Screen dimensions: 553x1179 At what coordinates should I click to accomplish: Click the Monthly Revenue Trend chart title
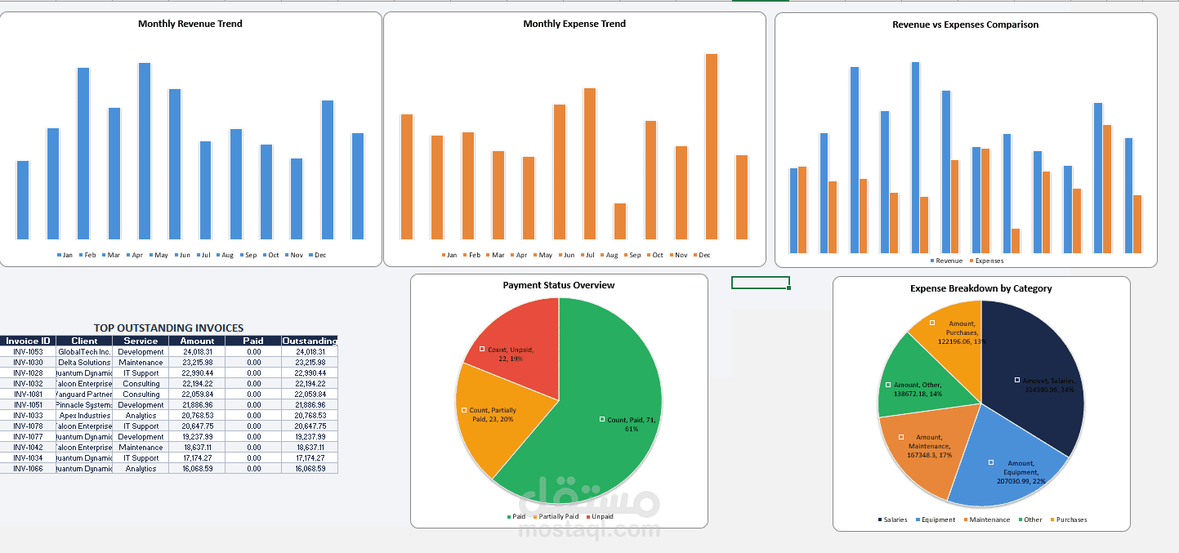[x=190, y=24]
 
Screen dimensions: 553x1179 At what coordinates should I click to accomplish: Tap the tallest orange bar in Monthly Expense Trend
[x=712, y=146]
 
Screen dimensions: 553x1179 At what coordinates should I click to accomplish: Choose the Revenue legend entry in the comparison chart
[x=948, y=261]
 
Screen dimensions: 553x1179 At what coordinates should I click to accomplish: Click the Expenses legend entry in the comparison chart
[x=987, y=261]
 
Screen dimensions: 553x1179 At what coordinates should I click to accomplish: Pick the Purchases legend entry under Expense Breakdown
[x=1069, y=520]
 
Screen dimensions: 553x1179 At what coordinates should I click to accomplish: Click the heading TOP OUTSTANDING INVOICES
[x=168, y=328]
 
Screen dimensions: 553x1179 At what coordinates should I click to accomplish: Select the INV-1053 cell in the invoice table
[x=28, y=351]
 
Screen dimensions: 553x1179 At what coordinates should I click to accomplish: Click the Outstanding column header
[x=310, y=341]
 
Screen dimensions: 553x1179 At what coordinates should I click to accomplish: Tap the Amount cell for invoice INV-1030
[x=197, y=362]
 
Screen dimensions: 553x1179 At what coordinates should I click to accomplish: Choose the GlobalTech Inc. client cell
[x=84, y=351]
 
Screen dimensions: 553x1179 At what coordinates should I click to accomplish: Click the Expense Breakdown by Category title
[x=980, y=288]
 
